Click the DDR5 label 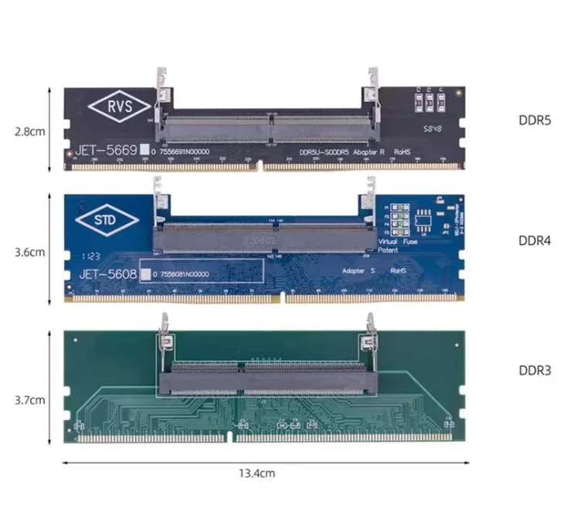pos(534,121)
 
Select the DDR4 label pos(534,240)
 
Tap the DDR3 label pos(534,371)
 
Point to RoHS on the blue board pos(399,271)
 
